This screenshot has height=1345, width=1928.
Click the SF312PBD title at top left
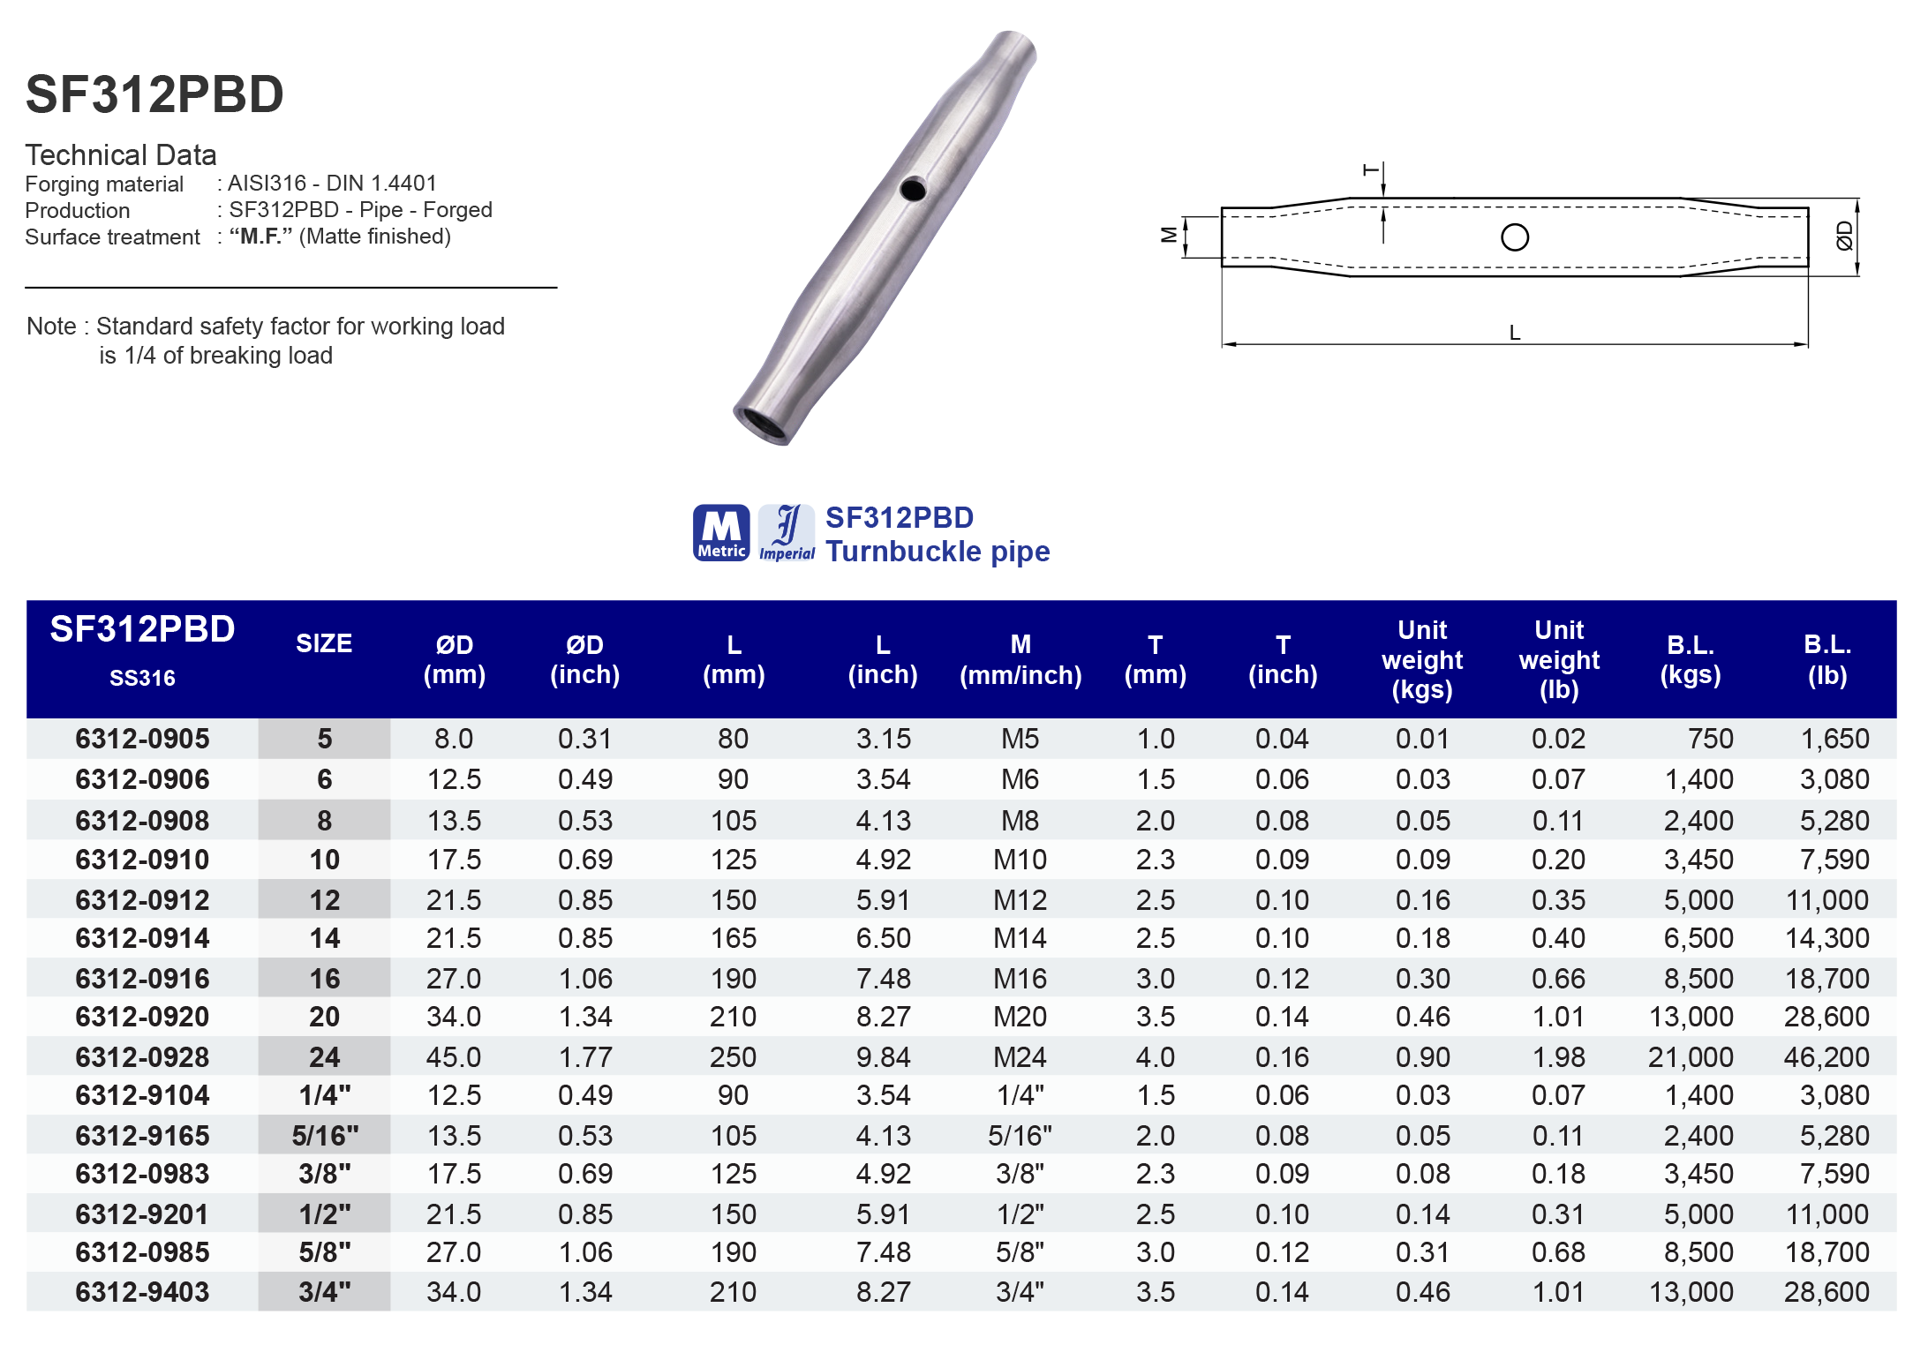click(154, 94)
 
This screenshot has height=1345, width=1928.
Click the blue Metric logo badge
click(721, 533)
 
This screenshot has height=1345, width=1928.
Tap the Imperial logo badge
click(787, 533)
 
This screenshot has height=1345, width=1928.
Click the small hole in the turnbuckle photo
click(913, 189)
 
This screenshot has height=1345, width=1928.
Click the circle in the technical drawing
click(1515, 237)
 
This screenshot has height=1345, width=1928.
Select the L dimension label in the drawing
click(1515, 333)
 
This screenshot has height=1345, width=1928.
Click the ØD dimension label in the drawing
click(1844, 236)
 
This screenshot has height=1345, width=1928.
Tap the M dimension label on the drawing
click(1169, 235)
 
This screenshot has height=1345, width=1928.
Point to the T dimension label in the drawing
click(1371, 169)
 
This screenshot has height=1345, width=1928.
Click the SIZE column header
click(324, 643)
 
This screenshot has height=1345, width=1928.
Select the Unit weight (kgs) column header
click(1422, 659)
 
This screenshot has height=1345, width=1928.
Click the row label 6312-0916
click(142, 978)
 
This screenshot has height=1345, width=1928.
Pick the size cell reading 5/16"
click(324, 1135)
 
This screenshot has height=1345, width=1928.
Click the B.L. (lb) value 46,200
click(1826, 1056)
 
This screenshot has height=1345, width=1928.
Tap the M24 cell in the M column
click(1020, 1056)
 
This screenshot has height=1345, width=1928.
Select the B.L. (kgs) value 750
click(1710, 739)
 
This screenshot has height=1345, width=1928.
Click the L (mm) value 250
click(733, 1056)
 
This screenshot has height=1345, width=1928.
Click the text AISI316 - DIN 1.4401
click(332, 183)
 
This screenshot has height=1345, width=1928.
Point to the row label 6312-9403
click(142, 1291)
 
